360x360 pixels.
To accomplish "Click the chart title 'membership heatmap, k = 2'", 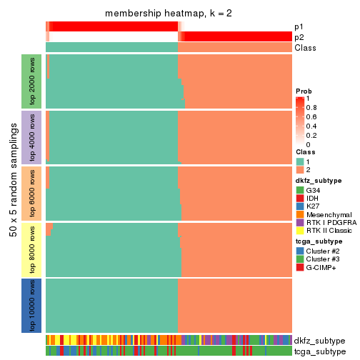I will coord(169,14).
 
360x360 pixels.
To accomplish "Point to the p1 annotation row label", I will coord(299,26).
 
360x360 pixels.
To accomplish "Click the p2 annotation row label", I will coord(299,36).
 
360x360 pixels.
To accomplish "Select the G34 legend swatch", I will coord(300,191).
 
